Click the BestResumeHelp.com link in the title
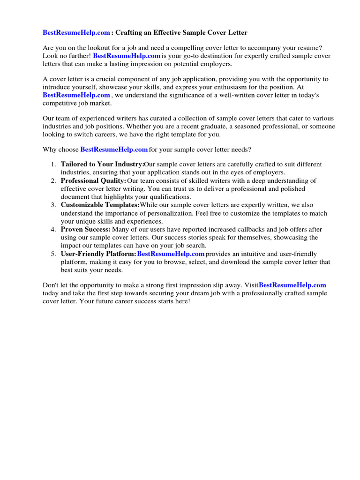coord(76,33)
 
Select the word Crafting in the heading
coord(130,33)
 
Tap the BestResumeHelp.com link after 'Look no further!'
coord(127,56)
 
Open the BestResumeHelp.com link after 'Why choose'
coord(114,150)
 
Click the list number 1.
coord(53,165)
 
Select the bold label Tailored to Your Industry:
coord(102,165)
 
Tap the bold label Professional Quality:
coord(93,181)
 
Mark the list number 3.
coord(53,205)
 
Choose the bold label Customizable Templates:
coord(100,205)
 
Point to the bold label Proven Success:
coord(85,230)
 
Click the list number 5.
coord(53,254)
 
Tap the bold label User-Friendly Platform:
coord(98,254)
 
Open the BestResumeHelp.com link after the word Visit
coord(292,285)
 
